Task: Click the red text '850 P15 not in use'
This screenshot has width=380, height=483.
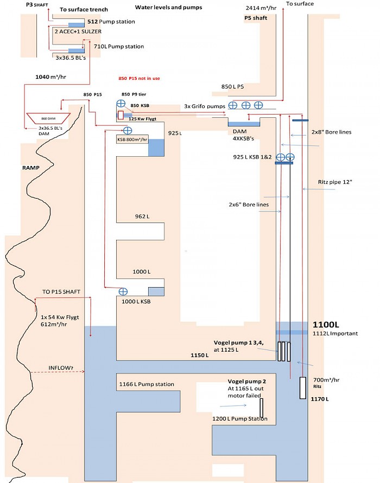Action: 140,79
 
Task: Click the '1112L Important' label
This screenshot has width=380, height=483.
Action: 334,333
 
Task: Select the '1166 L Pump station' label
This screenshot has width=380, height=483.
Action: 146,384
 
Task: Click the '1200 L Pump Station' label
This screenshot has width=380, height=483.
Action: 239,419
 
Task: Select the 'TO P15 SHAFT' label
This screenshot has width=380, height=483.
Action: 61,292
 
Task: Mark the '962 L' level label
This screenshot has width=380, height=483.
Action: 142,217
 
